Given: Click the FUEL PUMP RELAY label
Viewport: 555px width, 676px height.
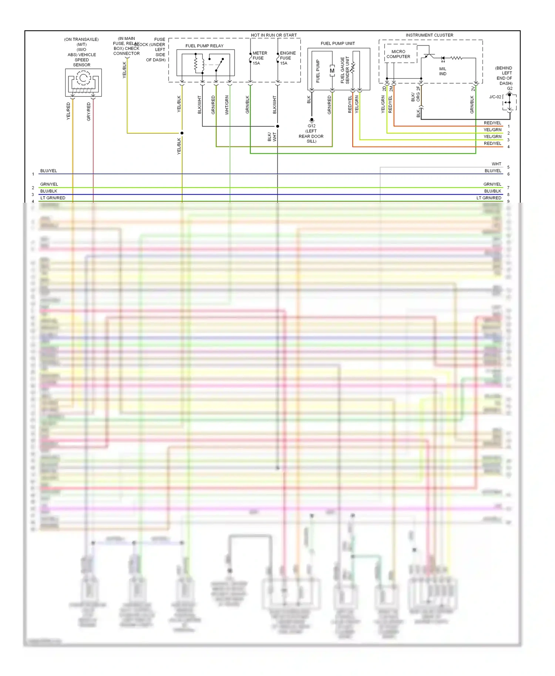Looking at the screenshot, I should (204, 46).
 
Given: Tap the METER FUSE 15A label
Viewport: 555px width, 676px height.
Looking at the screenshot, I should (259, 58).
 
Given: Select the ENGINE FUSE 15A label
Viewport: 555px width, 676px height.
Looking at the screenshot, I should (287, 58).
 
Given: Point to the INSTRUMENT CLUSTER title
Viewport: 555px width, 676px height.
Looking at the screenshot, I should (429, 35).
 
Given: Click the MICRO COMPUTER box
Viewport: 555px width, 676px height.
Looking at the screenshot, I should (398, 54).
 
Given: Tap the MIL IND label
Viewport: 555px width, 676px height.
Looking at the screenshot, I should (443, 71).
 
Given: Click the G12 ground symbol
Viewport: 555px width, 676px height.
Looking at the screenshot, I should (312, 120).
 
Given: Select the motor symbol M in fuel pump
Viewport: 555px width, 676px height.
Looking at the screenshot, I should (332, 71).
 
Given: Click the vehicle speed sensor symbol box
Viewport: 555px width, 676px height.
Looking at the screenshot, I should (83, 82).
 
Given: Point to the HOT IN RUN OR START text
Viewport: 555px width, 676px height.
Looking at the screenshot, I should (274, 35).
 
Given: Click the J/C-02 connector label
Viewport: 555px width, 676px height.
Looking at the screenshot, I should (495, 97).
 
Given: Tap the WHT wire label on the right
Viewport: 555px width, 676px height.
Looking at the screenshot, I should (496, 164).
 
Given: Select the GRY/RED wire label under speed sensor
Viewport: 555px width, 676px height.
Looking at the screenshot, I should (89, 112).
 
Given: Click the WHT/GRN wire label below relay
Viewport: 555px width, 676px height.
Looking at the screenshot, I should (227, 105).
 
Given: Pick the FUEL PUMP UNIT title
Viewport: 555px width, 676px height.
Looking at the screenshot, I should (337, 43).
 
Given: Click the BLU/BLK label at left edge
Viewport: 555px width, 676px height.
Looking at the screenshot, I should (48, 191).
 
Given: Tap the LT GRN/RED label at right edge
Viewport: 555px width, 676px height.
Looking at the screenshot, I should (489, 198).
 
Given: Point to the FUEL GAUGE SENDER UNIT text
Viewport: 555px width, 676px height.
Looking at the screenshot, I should (345, 70).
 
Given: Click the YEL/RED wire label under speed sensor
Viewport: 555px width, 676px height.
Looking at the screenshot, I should (68, 111).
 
